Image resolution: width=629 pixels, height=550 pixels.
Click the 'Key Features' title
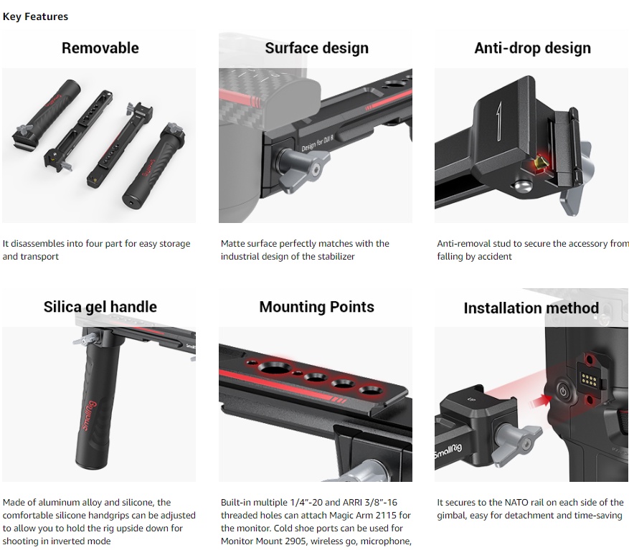point(35,16)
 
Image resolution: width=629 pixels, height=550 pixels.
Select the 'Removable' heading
point(100,48)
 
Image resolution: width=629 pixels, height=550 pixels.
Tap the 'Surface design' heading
point(316,48)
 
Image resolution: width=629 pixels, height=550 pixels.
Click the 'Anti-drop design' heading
point(532,48)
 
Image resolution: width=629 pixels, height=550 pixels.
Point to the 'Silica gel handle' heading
point(100,307)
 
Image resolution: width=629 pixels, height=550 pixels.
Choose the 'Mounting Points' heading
point(316,307)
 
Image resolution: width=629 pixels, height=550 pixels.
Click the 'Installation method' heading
point(531,308)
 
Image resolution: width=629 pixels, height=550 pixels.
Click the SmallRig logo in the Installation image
point(448,454)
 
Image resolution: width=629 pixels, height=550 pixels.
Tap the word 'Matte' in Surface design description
point(235,244)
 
